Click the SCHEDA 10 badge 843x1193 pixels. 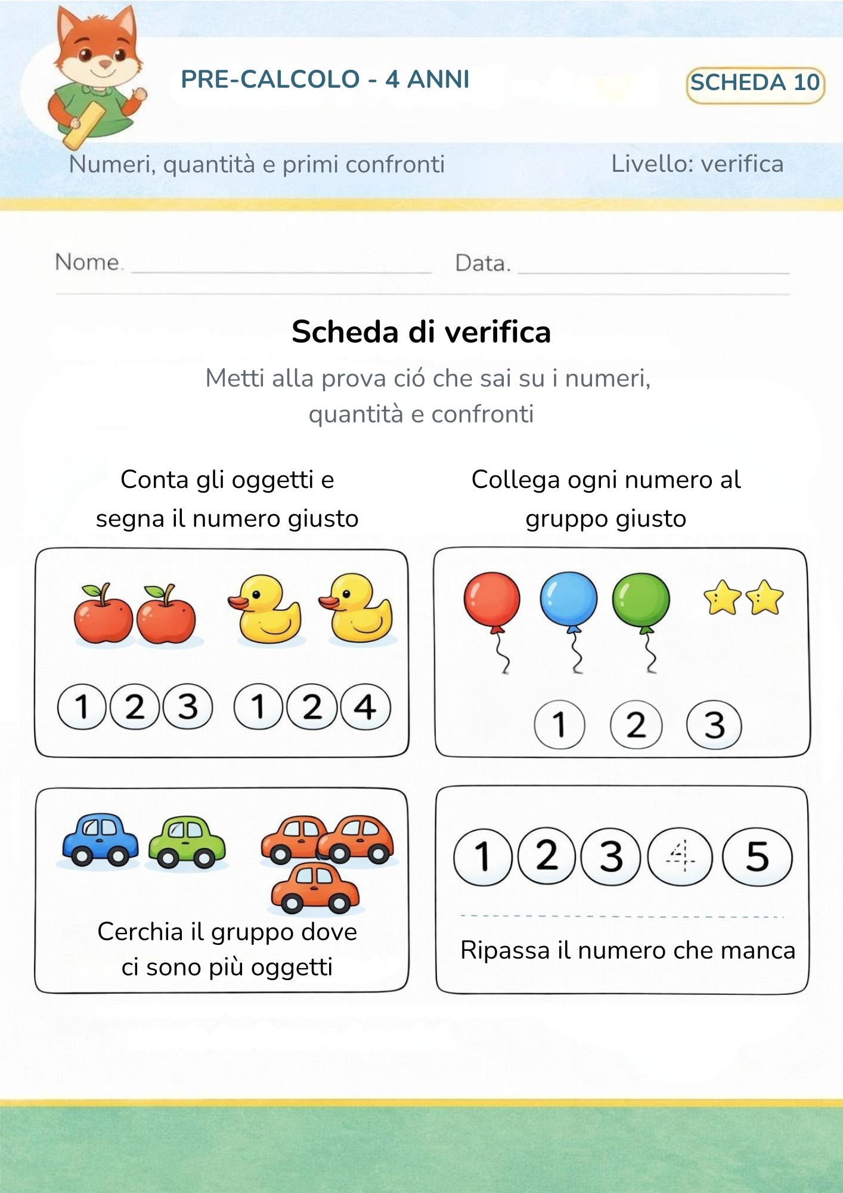[x=755, y=84]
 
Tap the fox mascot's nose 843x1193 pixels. [x=105, y=63]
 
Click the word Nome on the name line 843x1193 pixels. [x=88, y=262]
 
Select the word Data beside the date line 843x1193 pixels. [x=482, y=263]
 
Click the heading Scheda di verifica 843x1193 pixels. [x=421, y=332]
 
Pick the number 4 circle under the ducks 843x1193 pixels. [x=365, y=707]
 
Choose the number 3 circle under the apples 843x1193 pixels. [x=188, y=707]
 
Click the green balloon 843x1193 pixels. [x=641, y=600]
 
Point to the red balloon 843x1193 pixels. [x=492, y=599]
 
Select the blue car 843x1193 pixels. [x=100, y=839]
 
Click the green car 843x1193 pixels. [x=187, y=842]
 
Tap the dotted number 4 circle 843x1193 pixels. [x=680, y=857]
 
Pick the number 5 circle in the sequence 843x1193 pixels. [x=757, y=857]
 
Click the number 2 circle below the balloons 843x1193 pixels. [x=636, y=725]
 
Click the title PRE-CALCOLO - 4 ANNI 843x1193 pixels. [x=325, y=79]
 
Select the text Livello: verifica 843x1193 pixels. [x=697, y=164]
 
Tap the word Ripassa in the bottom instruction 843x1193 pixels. [x=504, y=951]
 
